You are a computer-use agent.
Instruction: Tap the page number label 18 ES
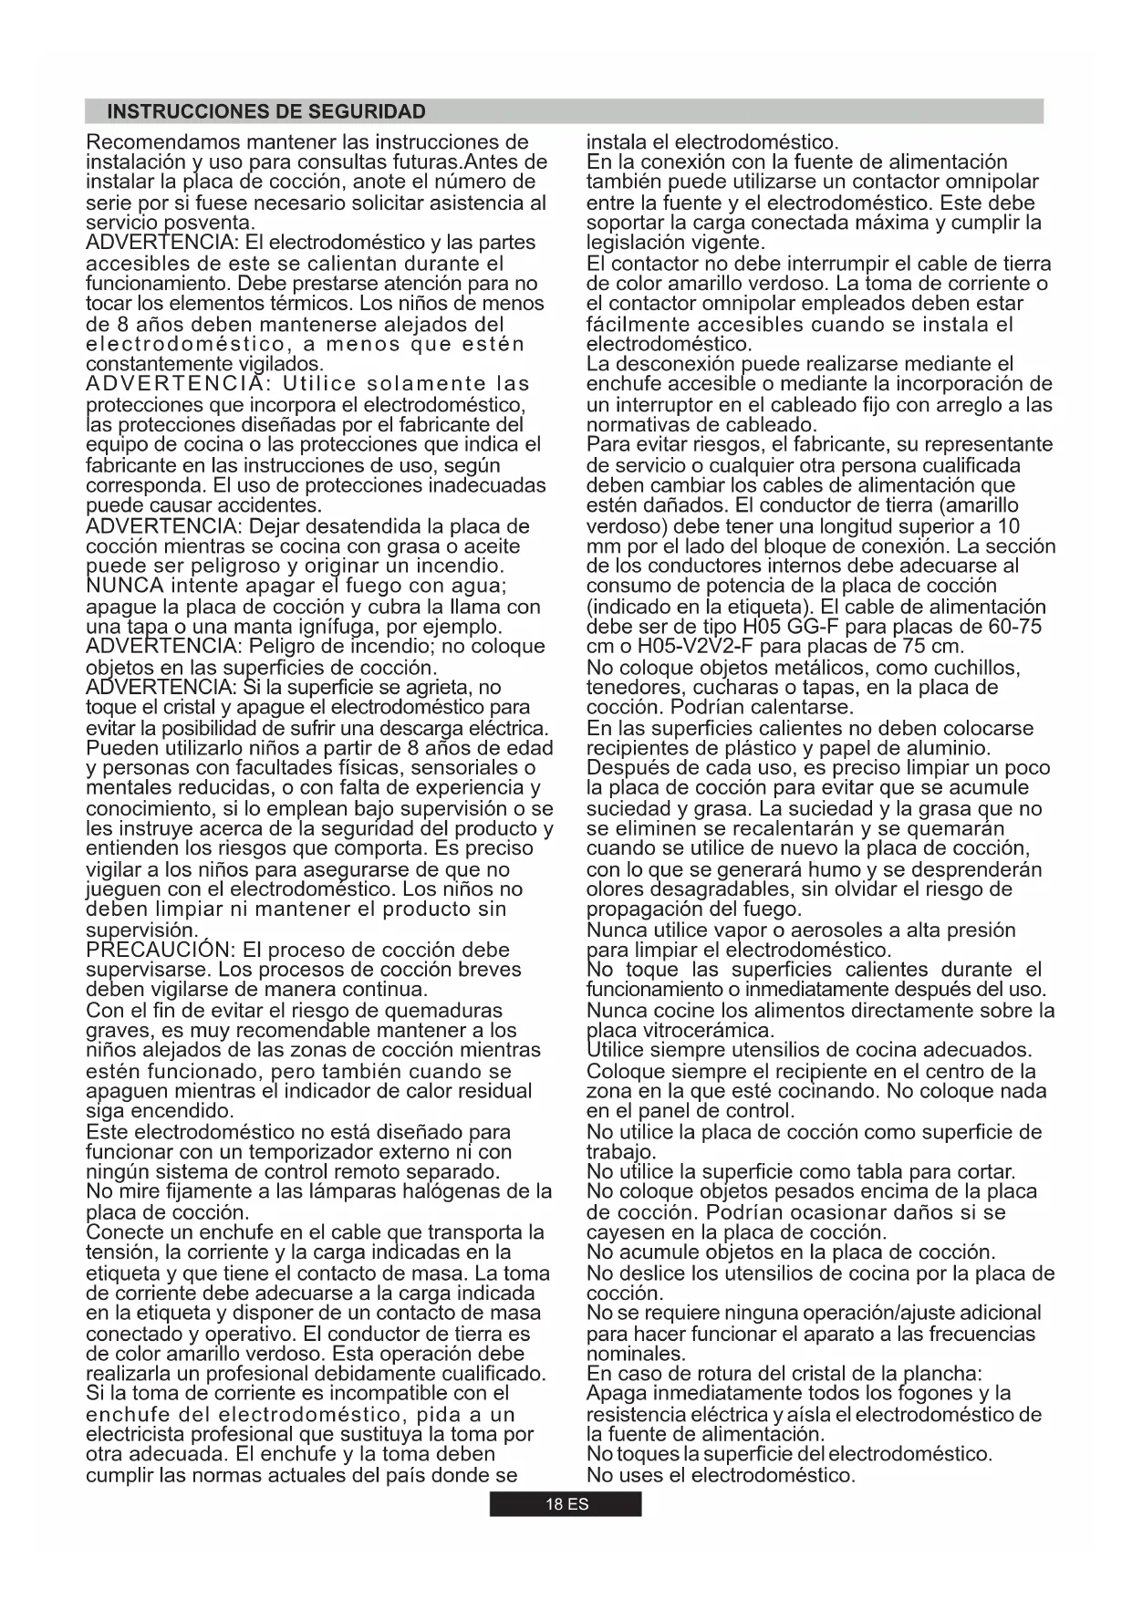click(566, 1504)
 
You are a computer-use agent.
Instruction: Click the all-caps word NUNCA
click(125, 586)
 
